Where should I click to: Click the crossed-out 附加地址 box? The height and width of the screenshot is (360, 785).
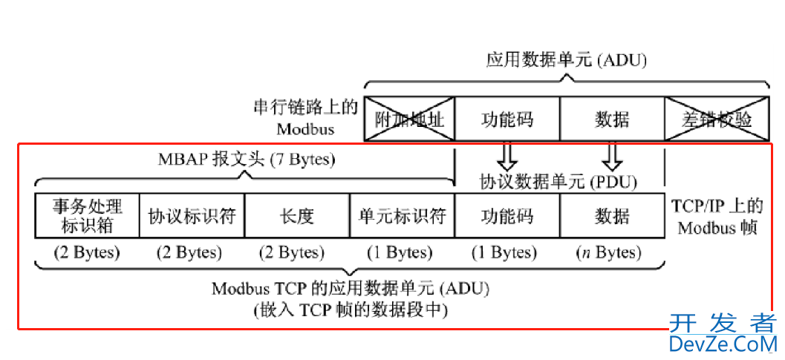click(409, 119)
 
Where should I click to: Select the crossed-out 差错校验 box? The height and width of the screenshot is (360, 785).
click(716, 119)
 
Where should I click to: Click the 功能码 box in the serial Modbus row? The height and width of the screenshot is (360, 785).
click(506, 119)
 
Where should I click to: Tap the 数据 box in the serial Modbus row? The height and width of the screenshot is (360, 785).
click(612, 119)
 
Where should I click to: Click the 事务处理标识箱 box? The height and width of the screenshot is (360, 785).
click(87, 215)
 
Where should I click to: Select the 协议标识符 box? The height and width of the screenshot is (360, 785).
click(192, 215)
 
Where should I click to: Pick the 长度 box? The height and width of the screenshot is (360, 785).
click(297, 215)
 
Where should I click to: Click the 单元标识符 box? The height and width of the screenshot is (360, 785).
click(402, 215)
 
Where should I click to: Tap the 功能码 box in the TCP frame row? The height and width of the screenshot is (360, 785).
click(506, 215)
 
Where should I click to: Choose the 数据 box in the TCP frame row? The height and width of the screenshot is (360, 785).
click(612, 215)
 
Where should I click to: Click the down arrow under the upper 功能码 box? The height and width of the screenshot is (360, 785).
click(506, 157)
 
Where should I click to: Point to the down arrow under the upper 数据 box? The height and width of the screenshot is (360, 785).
click(612, 157)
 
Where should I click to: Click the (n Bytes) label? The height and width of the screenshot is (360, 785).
click(609, 252)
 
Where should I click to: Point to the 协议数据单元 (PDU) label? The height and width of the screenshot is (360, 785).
click(558, 181)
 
